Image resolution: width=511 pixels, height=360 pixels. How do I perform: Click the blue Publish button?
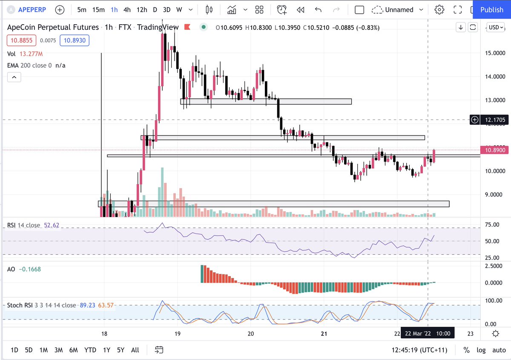click(491, 9)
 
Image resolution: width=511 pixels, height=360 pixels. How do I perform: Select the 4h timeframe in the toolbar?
click(127, 9)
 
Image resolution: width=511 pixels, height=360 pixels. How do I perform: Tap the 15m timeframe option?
click(98, 9)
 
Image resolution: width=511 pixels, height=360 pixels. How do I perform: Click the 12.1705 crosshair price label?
click(495, 120)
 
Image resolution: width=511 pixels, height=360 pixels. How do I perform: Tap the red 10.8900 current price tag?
click(494, 150)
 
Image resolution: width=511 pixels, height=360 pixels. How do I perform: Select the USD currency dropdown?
click(496, 27)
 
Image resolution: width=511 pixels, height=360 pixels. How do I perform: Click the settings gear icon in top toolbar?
click(439, 9)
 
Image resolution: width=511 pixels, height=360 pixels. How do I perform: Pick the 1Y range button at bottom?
click(106, 350)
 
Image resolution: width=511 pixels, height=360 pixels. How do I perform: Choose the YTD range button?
click(90, 350)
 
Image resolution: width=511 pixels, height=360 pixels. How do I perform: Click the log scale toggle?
click(481, 350)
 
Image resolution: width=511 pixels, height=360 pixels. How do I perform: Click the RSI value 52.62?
click(54, 225)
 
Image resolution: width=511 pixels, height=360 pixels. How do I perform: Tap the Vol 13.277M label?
click(25, 54)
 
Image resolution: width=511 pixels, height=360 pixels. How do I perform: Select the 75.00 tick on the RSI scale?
click(492, 225)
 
